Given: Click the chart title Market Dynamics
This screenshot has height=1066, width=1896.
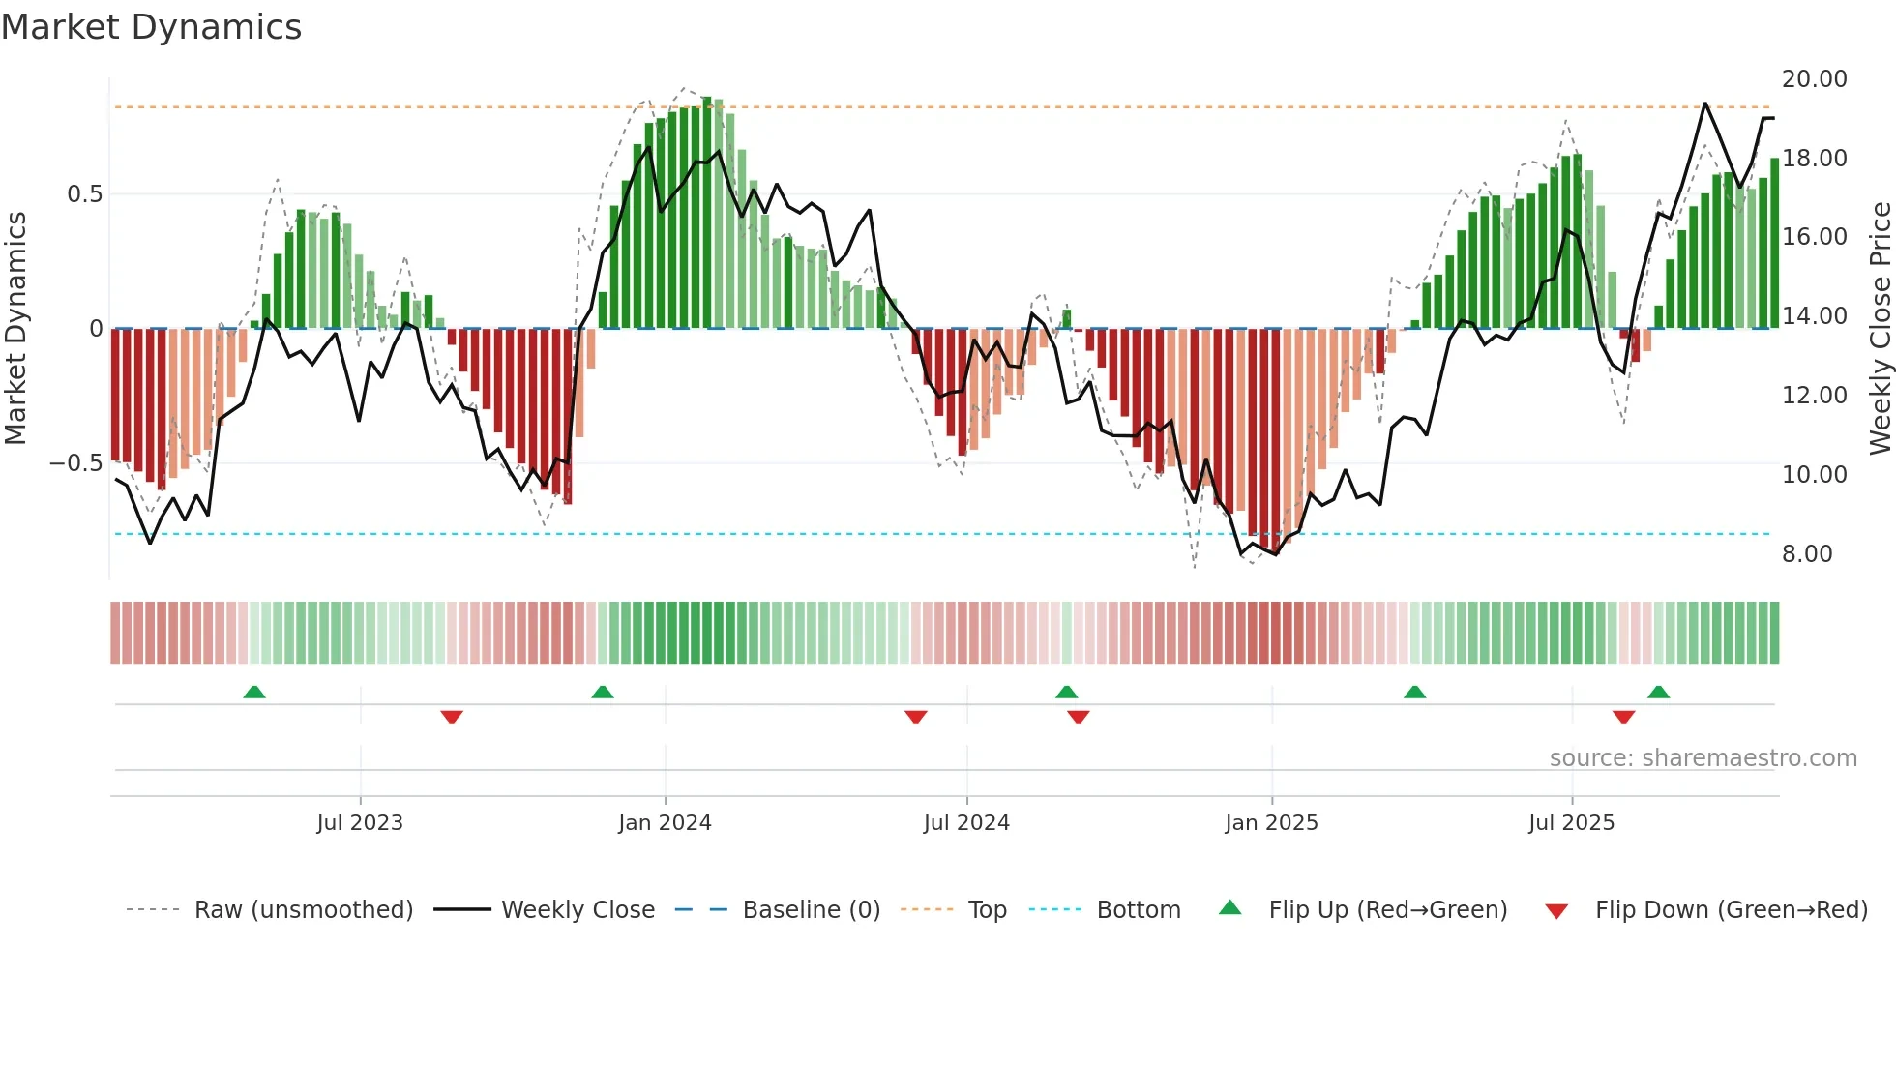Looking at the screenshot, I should pyautogui.click(x=152, y=27).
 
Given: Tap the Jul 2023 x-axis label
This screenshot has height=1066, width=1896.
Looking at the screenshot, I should pyautogui.click(x=360, y=823).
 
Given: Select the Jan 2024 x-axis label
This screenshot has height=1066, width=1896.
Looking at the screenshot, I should pyautogui.click(x=665, y=823).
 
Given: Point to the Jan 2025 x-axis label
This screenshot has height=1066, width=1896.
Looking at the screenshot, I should pyautogui.click(x=1271, y=823).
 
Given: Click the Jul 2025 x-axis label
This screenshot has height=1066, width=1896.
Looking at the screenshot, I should pyautogui.click(x=1571, y=823).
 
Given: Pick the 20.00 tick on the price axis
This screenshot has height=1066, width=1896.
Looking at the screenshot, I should pyautogui.click(x=1814, y=79).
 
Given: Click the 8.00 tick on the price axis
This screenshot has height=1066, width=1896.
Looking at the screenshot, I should pyautogui.click(x=1807, y=554).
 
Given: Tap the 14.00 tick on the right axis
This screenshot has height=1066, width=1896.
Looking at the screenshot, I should pyautogui.click(x=1814, y=316).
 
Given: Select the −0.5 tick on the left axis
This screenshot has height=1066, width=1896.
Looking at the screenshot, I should pyautogui.click(x=75, y=463).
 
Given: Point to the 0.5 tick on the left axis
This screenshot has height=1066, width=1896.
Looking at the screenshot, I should pyautogui.click(x=84, y=194).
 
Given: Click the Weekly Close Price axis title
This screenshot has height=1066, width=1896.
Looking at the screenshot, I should pyautogui.click(x=1880, y=329).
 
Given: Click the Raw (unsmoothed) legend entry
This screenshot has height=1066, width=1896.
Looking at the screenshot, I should pyautogui.click(x=303, y=910).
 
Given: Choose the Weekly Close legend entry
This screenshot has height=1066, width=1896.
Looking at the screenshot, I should pyautogui.click(x=578, y=910).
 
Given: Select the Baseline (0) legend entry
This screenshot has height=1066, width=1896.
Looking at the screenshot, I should pyautogui.click(x=811, y=910).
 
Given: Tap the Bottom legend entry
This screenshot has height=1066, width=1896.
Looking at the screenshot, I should pyautogui.click(x=1139, y=910).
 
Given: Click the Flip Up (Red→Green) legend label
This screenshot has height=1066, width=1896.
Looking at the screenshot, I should pyautogui.click(x=1387, y=910).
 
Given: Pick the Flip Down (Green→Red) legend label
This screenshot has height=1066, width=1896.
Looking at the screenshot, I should pyautogui.click(x=1731, y=910).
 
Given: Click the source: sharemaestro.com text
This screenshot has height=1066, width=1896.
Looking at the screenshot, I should pyautogui.click(x=1703, y=758).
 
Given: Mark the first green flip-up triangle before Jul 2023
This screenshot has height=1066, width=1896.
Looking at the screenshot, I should pyautogui.click(x=254, y=693).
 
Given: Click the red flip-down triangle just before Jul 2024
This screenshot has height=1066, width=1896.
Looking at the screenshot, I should pyautogui.click(x=916, y=716).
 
